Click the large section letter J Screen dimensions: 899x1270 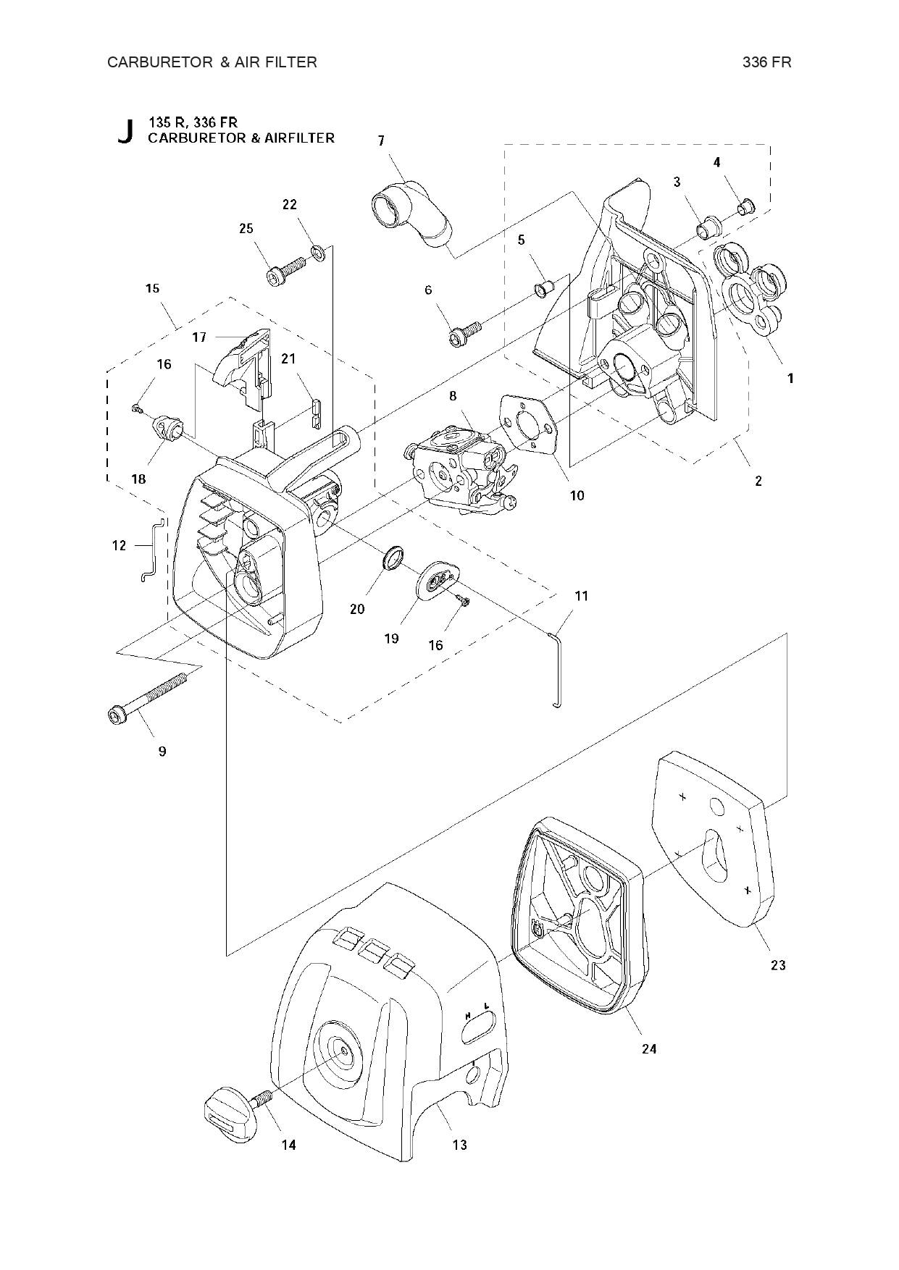125,131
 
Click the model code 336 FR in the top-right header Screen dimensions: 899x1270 766,62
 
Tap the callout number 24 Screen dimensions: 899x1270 649,1048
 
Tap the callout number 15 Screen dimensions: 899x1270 152,288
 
